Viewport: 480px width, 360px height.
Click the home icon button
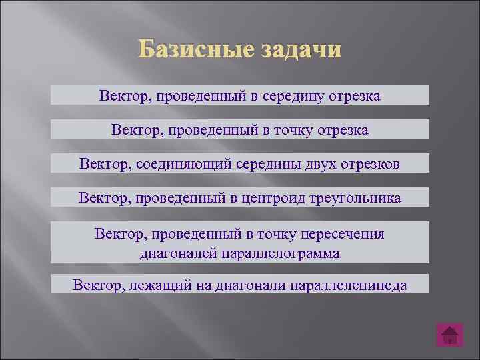point(450,335)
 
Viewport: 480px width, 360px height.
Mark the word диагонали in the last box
point(251,285)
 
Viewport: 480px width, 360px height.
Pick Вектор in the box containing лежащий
point(95,285)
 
